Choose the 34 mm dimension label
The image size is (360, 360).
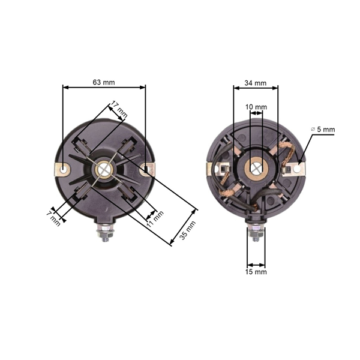tap(256, 82)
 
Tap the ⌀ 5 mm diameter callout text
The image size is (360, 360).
tap(322, 129)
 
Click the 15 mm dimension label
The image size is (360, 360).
tap(256, 272)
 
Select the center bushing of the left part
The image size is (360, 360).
tap(104, 170)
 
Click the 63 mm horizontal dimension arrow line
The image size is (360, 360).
tap(104, 87)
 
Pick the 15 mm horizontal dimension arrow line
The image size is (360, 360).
tap(256, 265)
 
